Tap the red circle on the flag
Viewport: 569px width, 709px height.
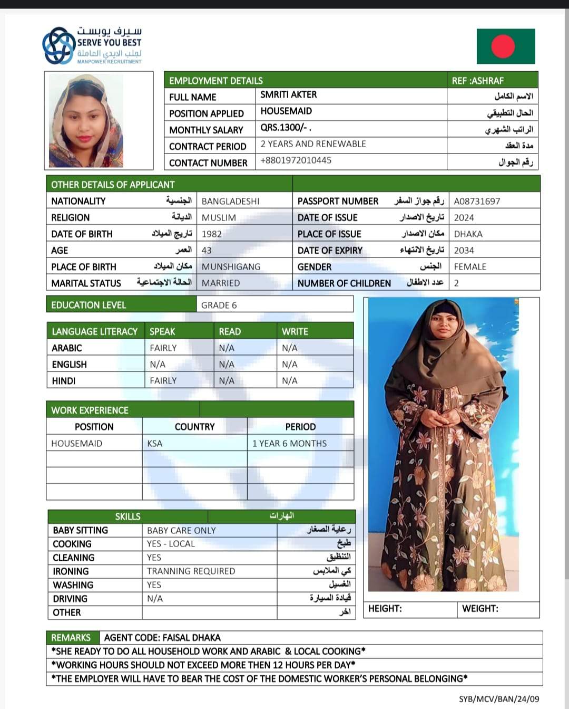(503, 46)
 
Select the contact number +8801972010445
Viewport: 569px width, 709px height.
(296, 160)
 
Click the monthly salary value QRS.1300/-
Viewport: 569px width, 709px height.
(286, 128)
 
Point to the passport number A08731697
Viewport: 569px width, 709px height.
(477, 201)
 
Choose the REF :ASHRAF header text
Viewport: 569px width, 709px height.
(477, 81)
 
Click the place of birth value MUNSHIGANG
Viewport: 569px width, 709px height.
(231, 267)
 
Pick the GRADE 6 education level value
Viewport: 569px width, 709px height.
(219, 305)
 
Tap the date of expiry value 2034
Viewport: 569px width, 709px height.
(464, 251)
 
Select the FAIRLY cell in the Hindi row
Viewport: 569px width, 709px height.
(163, 381)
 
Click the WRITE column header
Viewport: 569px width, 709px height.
(295, 331)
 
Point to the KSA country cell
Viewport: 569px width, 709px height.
(155, 444)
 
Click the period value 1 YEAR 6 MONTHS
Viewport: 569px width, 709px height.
(289, 444)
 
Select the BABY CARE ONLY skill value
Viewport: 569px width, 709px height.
(181, 531)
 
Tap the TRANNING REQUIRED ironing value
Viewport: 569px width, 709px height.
(191, 571)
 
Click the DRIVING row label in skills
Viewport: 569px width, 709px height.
(70, 599)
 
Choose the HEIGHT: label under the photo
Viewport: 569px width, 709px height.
(385, 609)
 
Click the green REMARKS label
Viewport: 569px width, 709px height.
(71, 638)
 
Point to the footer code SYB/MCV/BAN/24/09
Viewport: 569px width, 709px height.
(498, 699)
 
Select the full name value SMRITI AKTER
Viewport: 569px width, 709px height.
(288, 95)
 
